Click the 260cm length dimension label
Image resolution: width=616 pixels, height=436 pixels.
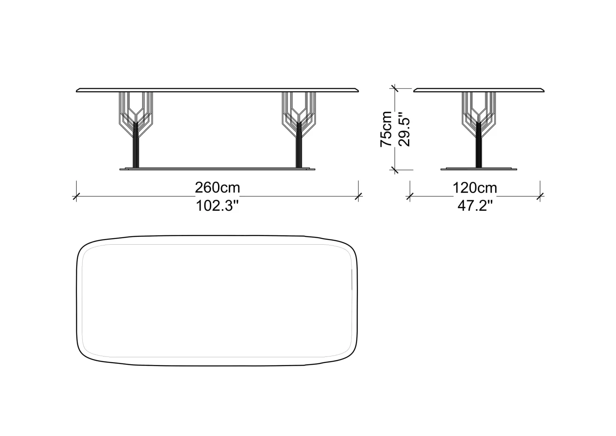(218, 188)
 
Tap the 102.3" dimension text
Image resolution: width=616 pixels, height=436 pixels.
(217, 206)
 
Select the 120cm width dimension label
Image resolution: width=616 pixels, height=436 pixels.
(475, 188)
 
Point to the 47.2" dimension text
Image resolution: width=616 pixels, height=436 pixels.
(475, 206)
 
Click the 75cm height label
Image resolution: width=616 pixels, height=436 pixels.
(386, 129)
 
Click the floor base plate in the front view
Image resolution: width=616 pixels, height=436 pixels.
(217, 169)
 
